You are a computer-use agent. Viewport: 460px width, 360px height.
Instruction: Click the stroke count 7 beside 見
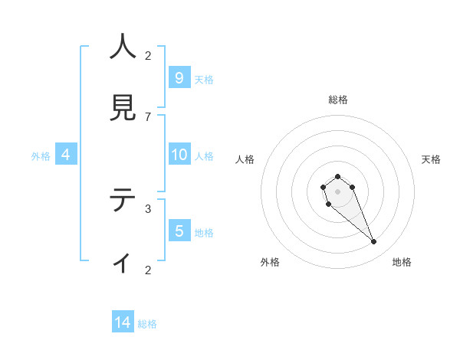pyautogui.click(x=148, y=116)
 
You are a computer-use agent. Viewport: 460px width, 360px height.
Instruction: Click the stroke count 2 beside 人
pyautogui.click(x=148, y=55)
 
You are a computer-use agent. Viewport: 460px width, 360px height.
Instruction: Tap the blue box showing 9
pyautogui.click(x=179, y=77)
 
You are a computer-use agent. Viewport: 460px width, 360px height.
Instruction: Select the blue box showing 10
pyautogui.click(x=179, y=155)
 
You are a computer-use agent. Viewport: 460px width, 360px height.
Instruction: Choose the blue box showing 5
pyautogui.click(x=179, y=231)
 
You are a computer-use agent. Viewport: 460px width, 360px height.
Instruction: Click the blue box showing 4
pyautogui.click(x=65, y=155)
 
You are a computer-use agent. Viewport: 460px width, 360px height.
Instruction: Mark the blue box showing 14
pyautogui.click(x=123, y=322)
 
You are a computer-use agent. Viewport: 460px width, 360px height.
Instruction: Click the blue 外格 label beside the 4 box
pyautogui.click(x=41, y=156)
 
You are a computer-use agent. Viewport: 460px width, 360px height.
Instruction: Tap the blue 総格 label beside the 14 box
pyautogui.click(x=147, y=324)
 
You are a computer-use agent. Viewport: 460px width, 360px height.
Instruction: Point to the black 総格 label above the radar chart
pyautogui.click(x=338, y=100)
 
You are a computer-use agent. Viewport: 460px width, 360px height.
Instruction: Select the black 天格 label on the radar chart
pyautogui.click(x=431, y=159)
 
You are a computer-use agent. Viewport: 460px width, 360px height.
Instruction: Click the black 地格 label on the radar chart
pyautogui.click(x=402, y=262)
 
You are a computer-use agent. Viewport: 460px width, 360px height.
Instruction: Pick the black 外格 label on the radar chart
pyautogui.click(x=270, y=262)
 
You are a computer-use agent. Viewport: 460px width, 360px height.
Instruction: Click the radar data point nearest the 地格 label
pyautogui.click(x=374, y=242)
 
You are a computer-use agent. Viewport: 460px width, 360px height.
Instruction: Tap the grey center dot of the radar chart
pyautogui.click(x=337, y=191)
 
